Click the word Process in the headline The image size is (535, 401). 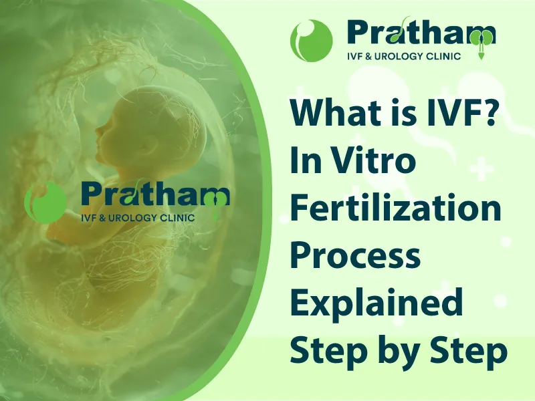356,256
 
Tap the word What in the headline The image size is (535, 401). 332,113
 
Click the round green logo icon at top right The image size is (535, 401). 311,40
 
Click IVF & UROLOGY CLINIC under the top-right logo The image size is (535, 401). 404,56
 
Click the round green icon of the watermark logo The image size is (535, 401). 45,203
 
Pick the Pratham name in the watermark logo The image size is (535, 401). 155,194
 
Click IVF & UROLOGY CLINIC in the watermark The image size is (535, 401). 138,218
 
